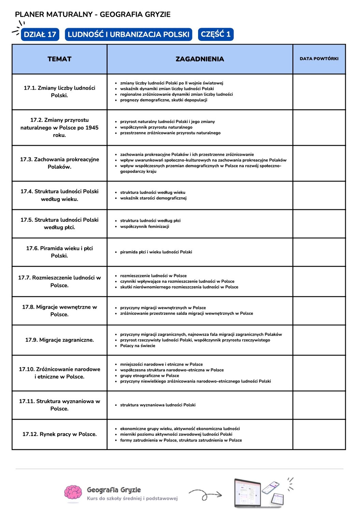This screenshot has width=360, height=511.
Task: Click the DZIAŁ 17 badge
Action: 40,34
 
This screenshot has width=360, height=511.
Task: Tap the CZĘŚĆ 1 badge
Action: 215,34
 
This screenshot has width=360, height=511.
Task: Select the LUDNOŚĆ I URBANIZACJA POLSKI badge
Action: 129,34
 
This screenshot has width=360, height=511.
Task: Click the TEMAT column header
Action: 59,59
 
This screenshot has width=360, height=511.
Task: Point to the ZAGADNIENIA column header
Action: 200,59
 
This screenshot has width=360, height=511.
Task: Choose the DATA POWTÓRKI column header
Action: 319,59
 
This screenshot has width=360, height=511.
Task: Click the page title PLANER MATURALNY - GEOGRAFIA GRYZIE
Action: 93,14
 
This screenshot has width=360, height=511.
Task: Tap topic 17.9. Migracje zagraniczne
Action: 59,340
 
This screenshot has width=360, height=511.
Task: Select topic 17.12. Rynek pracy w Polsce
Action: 59,434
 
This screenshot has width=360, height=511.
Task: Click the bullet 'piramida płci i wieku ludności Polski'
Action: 156,252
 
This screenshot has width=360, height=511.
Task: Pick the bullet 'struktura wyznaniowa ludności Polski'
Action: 157,405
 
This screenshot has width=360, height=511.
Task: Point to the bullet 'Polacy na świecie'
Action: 137,346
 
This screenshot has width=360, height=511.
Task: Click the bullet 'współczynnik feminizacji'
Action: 145,227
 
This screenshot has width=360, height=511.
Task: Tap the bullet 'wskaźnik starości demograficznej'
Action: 153,198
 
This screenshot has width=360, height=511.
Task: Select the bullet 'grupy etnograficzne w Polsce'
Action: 149,376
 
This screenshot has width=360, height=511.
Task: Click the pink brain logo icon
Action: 73,494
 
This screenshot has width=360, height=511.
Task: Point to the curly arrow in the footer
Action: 205,495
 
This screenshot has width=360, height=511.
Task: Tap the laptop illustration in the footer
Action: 248,493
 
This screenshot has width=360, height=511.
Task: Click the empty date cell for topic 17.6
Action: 319,252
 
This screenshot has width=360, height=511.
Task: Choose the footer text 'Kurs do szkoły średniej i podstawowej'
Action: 132,498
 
